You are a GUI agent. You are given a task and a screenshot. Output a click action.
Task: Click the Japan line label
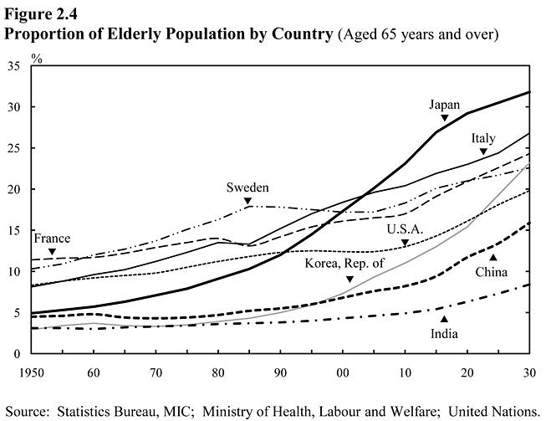444,105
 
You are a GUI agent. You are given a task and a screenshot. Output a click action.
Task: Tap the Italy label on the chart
483,138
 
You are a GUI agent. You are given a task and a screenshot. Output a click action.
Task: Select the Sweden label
247,187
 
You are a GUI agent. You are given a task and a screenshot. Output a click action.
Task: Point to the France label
52,239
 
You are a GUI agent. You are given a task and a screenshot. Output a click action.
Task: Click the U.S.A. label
405,229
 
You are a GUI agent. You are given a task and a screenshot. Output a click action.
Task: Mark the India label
445,333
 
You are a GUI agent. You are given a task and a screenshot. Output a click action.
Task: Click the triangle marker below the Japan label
445,118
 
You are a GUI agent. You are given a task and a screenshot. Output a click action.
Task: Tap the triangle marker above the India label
445,319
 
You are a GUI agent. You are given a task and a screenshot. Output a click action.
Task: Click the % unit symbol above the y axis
37,57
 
